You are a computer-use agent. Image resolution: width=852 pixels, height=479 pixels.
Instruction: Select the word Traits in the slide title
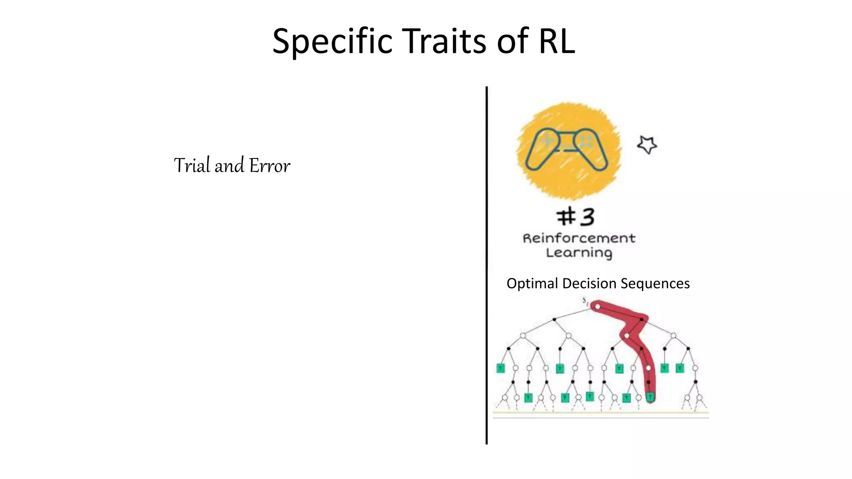coord(445,41)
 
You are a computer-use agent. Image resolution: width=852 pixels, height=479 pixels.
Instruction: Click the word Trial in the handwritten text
coord(192,165)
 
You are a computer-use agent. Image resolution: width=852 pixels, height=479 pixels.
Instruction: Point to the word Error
coord(270,166)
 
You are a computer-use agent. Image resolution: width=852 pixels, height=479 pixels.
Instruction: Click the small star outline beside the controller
coord(647,145)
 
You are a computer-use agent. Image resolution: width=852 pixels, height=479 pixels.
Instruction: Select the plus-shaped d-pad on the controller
coord(547,141)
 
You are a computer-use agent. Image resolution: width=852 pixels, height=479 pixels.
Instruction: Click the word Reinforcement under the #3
coord(579,238)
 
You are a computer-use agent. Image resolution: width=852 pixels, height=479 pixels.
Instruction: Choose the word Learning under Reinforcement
coord(579,253)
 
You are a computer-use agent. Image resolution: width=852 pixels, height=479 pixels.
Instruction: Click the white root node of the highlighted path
coord(597,307)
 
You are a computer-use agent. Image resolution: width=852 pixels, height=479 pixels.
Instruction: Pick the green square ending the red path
coord(650,397)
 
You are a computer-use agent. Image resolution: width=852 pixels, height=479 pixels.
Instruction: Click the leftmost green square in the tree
coord(500,368)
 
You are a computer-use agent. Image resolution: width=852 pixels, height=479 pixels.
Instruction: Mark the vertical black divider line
coord(486,266)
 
